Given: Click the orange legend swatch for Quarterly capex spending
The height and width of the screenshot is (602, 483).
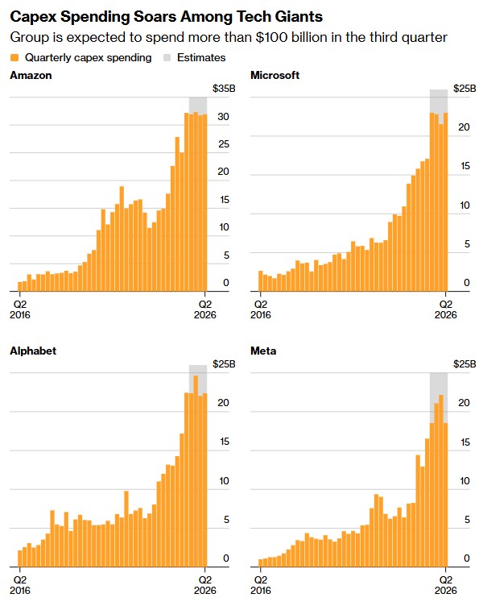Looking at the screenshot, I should pos(14,57).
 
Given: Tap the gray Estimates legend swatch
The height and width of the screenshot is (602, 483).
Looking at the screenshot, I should pos(167,57).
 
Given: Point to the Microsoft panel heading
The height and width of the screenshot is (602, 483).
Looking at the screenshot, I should pos(275,75).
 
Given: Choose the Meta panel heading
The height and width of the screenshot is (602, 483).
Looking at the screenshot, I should pos(264,351).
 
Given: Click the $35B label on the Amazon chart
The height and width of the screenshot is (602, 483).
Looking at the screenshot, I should pos(224,88).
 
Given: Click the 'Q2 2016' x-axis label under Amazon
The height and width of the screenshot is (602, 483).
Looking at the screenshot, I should pos(20,309).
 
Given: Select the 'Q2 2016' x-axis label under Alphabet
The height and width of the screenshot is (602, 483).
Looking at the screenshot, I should pos(20,583).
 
